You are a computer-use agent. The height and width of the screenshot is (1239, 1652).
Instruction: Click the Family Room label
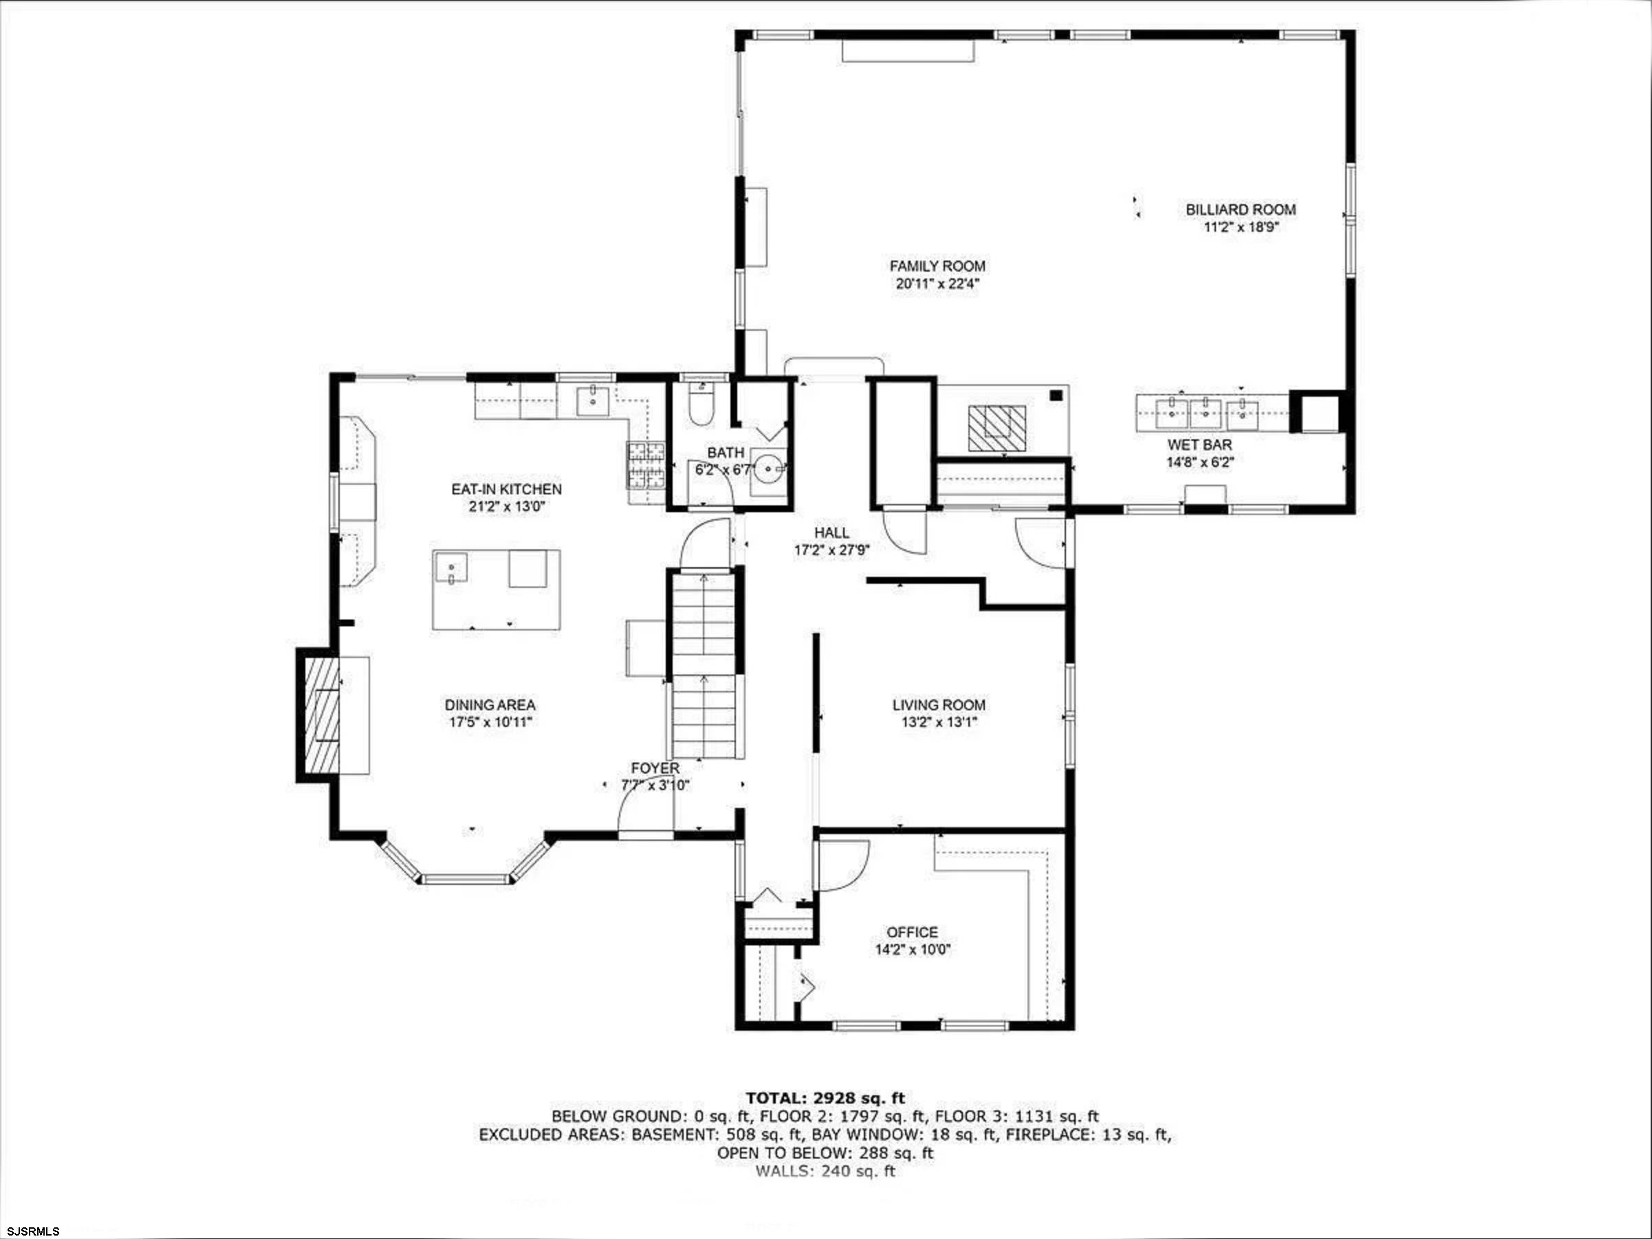937,266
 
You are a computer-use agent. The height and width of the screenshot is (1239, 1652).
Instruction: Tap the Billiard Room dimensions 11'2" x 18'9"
1241,227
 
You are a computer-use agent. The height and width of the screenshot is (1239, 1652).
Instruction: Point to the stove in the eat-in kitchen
646,465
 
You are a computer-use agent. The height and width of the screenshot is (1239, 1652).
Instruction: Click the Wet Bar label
1200,445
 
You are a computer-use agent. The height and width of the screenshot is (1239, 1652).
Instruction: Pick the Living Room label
939,705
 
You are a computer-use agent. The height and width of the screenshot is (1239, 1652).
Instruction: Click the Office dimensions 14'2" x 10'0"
913,950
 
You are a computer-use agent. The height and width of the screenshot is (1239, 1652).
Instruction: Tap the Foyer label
655,768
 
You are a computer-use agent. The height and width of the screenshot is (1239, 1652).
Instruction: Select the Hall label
832,532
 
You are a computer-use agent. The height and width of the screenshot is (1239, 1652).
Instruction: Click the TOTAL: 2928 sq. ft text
825,1098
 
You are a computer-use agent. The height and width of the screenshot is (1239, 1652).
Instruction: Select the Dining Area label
490,705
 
